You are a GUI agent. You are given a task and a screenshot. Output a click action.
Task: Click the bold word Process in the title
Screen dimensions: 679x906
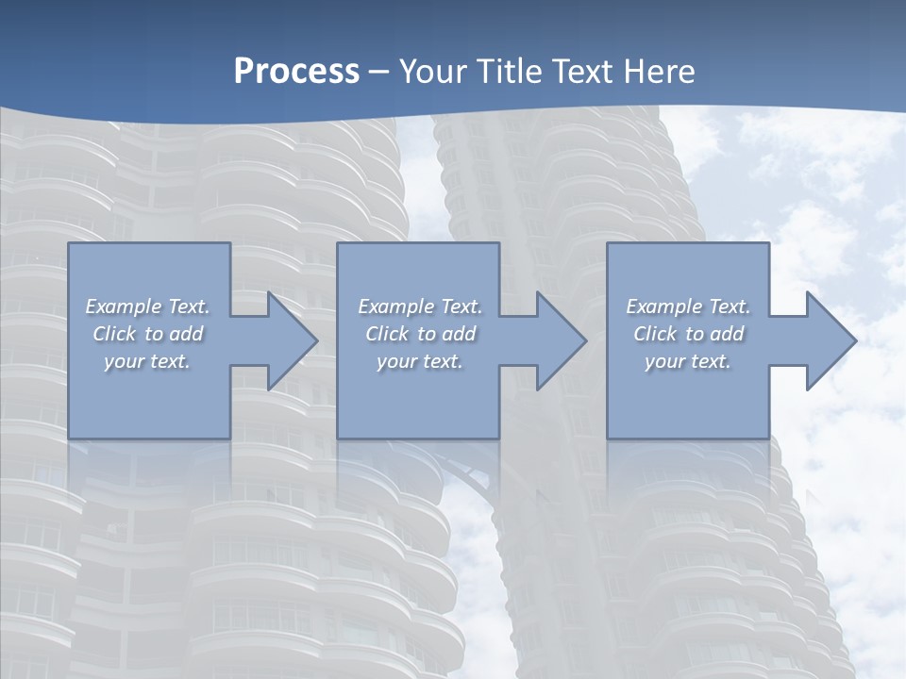[296, 72]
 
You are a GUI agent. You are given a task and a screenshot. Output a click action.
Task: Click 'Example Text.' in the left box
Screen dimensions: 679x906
[147, 306]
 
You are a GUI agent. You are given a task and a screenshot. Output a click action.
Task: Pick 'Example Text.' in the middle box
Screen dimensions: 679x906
[420, 306]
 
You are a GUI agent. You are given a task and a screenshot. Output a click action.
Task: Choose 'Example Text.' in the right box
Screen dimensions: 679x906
[688, 306]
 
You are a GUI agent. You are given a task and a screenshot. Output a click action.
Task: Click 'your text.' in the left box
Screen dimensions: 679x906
[147, 361]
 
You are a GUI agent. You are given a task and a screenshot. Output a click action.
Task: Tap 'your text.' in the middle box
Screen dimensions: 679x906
[420, 361]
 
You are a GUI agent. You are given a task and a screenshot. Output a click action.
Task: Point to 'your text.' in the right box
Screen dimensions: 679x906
[688, 361]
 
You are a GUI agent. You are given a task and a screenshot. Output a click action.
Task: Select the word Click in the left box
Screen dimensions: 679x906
[114, 334]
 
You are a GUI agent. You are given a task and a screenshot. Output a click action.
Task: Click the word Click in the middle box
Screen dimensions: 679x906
[387, 334]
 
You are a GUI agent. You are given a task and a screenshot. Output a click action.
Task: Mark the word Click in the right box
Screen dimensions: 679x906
[655, 334]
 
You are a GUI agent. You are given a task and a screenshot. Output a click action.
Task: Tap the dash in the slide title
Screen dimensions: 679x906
[379, 72]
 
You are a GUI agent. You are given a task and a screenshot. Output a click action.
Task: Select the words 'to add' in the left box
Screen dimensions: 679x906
[175, 334]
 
